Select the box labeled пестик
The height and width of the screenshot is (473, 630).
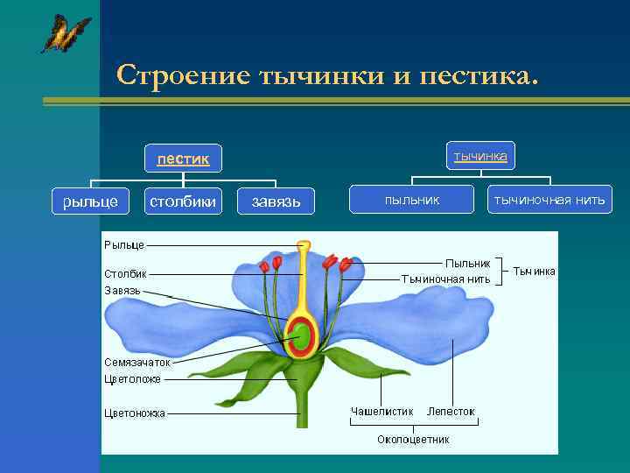(183, 159)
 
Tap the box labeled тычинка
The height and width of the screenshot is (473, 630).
(480, 156)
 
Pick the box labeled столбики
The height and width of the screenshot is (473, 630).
(183, 201)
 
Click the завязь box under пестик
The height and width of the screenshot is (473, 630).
(276, 202)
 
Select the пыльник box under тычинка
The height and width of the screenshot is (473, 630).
(412, 201)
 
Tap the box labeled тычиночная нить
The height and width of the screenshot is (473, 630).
(549, 201)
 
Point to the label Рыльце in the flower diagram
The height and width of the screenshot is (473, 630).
(124, 245)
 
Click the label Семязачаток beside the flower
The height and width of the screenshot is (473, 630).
(137, 361)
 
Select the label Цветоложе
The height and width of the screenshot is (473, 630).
(132, 379)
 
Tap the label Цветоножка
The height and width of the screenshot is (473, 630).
(135, 413)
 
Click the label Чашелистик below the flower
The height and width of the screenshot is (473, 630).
(381, 411)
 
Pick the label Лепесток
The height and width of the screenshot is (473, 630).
(451, 411)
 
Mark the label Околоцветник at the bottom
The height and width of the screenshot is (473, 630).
(413, 439)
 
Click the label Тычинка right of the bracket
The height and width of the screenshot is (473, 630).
(533, 272)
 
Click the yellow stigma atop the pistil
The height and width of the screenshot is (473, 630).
(304, 246)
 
